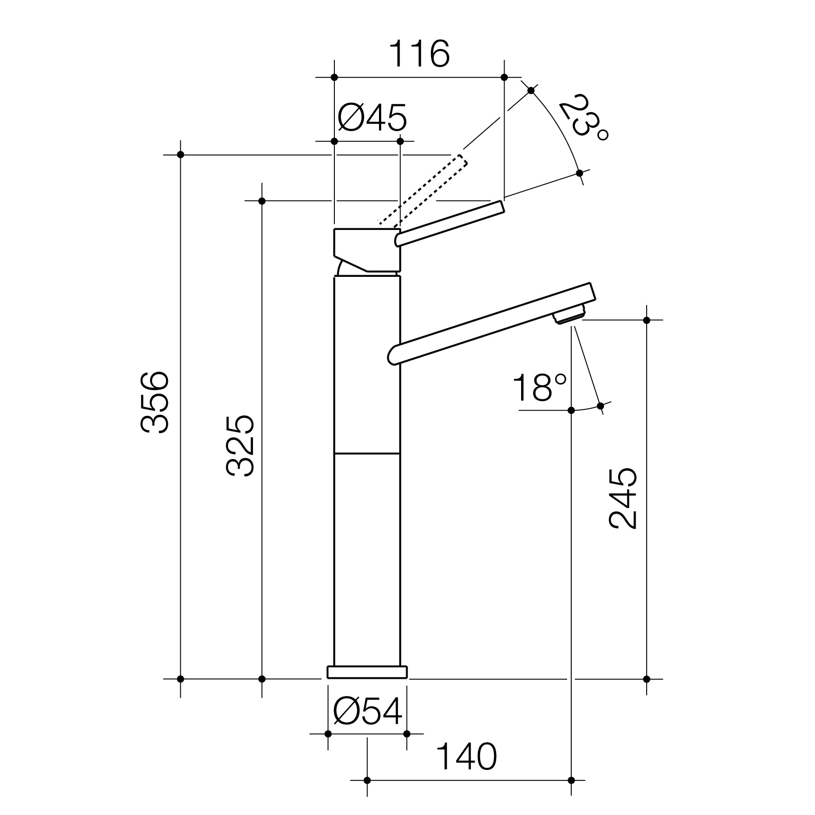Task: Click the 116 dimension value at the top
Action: tap(419, 54)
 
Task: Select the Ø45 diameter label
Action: tap(372, 118)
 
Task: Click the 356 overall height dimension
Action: tap(155, 402)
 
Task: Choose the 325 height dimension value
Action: tap(240, 445)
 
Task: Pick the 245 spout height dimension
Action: tap(623, 499)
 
